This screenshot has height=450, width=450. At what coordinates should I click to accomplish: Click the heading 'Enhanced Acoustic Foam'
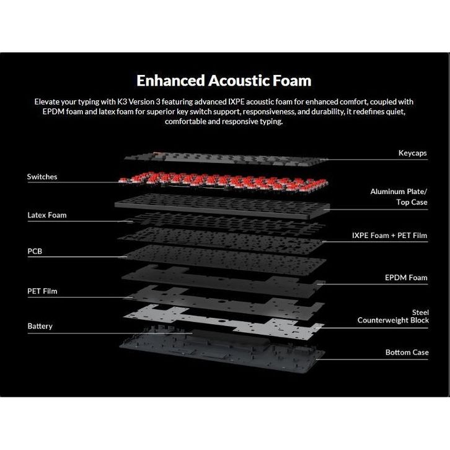point(224,81)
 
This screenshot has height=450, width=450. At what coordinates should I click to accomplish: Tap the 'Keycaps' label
point(412,152)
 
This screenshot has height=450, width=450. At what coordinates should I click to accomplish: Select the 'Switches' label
point(42,177)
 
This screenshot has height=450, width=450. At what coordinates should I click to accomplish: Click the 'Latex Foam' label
point(46,215)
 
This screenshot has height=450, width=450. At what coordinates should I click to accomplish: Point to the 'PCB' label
point(35,252)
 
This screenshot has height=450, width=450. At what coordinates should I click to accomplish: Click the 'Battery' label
point(40,326)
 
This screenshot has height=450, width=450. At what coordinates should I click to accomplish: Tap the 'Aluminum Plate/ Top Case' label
point(399,197)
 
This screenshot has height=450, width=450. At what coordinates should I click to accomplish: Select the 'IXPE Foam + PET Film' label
point(389,236)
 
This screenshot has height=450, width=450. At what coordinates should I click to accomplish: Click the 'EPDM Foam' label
point(405,278)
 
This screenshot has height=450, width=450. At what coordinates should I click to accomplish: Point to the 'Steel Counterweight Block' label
point(393,316)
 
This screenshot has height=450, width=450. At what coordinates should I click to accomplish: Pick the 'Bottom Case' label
point(407,352)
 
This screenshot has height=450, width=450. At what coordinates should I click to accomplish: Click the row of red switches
point(223,180)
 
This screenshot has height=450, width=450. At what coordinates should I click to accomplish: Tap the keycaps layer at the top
point(223,157)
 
